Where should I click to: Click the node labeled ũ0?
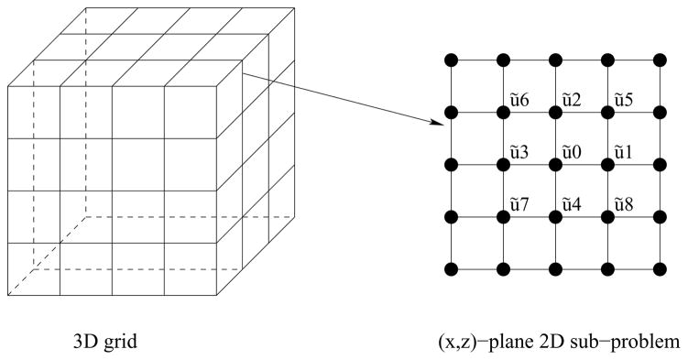555,165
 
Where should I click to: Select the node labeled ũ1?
607,165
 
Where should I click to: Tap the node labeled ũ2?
555,113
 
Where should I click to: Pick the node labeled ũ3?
503,165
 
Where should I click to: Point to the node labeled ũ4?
555,217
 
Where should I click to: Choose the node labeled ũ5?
607,113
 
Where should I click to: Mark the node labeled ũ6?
503,113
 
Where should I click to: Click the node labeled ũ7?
503,217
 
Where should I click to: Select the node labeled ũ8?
607,217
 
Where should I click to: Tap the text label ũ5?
624,99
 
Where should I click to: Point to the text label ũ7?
519,203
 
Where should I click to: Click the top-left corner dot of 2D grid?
451,60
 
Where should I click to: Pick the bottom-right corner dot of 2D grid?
660,269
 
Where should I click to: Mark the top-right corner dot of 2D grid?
660,60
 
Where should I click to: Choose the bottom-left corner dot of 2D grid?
451,269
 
